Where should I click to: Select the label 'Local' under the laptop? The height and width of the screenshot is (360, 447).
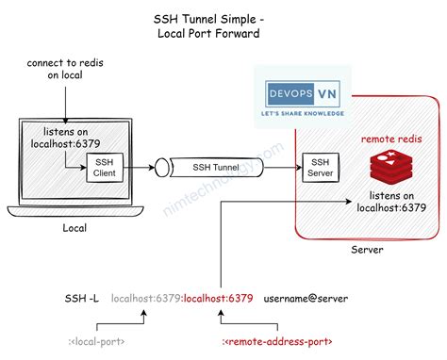tap(74, 228)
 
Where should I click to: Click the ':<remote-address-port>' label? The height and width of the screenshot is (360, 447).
tap(276, 340)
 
